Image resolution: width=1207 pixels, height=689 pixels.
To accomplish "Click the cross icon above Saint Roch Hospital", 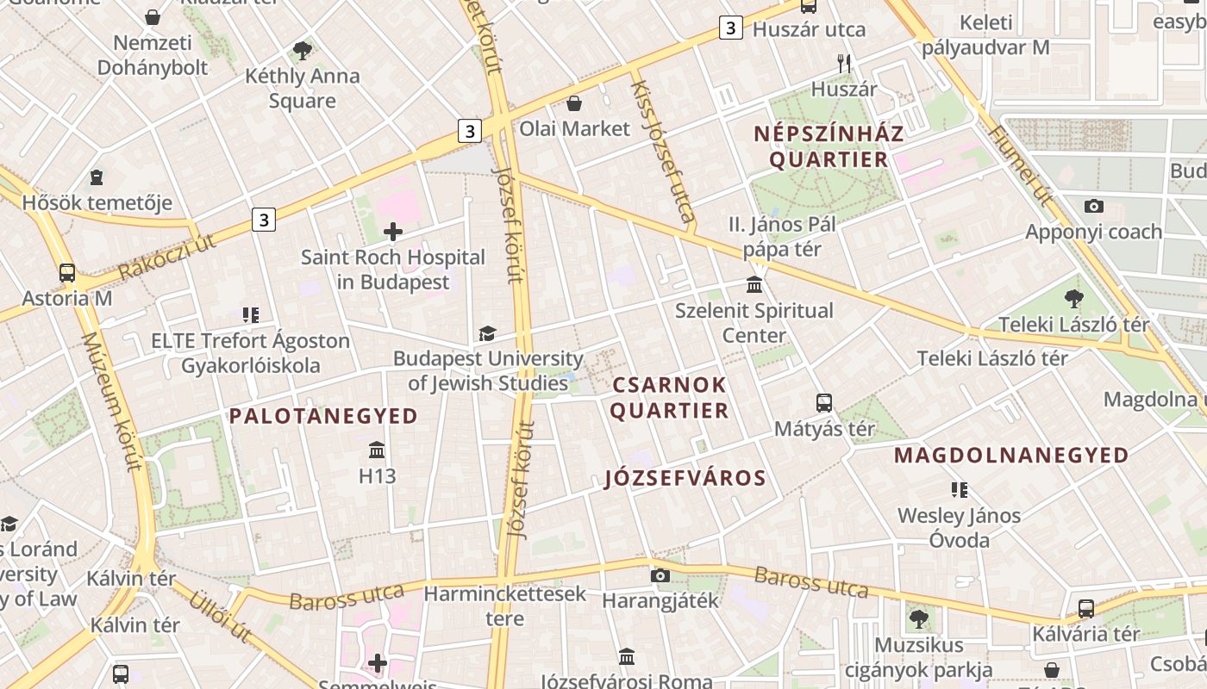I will (393, 231).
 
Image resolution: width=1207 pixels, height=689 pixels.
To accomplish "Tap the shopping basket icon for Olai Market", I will (574, 103).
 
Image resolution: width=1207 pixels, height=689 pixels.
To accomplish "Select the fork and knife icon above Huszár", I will (844, 63).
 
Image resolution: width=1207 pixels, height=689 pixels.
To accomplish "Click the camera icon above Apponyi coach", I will (1094, 206).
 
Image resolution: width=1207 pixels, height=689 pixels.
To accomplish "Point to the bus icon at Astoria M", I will (67, 273).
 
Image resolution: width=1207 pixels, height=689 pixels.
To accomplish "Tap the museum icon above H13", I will (377, 450).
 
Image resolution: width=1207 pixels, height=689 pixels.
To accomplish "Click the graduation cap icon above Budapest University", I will (488, 333).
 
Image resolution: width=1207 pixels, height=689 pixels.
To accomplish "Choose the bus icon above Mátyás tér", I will (824, 402).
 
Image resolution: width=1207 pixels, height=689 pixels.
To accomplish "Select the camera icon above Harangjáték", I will (660, 575).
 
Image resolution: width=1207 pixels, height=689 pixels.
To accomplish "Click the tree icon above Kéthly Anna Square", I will (302, 50).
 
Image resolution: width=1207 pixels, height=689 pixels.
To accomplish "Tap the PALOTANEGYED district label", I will (323, 416).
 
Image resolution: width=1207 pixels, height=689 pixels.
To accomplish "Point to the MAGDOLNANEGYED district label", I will (1011, 455).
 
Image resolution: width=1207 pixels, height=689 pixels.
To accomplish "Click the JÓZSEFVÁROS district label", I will (685, 478).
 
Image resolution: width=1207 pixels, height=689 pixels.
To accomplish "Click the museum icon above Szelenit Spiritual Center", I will (754, 284).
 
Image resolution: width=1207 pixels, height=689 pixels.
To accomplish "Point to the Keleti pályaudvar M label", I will (985, 35).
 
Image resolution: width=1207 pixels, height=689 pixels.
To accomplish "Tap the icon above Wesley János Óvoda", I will (959, 490).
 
